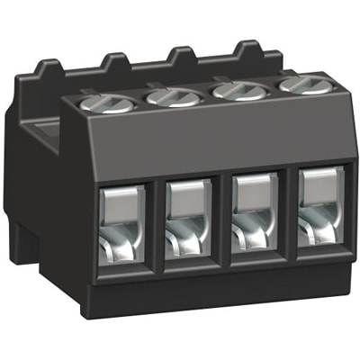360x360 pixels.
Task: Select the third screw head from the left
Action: pyautogui.click(x=237, y=89)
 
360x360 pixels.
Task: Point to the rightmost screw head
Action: pyautogui.click(x=299, y=85)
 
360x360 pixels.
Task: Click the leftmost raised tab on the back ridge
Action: pyautogui.click(x=49, y=67)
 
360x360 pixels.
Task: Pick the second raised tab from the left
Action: pyautogui.click(x=115, y=61)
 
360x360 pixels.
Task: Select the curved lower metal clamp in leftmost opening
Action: pyautogui.click(x=123, y=245)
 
